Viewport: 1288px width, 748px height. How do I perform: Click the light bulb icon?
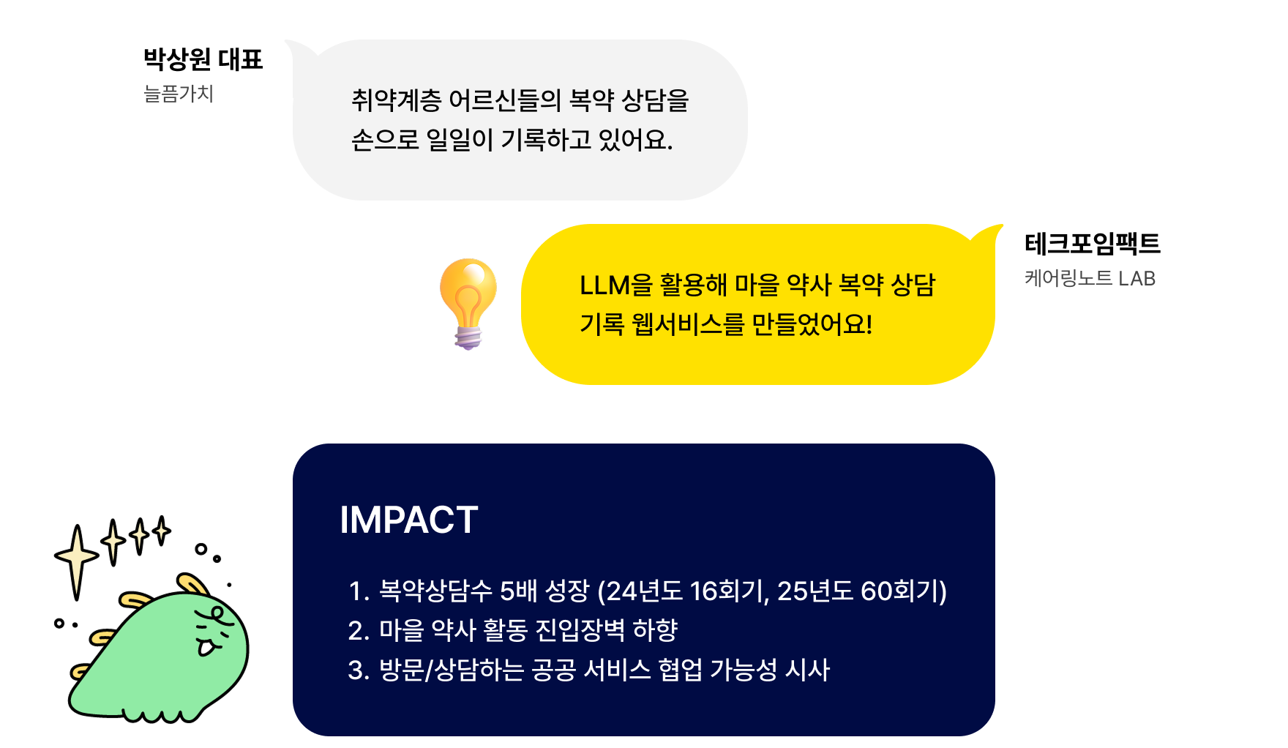point(468,303)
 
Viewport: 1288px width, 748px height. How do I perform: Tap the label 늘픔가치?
point(179,94)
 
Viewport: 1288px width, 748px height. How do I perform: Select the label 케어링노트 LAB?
point(1090,278)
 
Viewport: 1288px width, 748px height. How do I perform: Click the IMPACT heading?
point(408,520)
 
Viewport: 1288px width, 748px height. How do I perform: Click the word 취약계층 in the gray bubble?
point(396,100)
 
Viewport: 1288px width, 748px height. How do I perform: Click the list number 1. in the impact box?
point(359,591)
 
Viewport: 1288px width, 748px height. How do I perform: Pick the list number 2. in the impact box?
point(359,630)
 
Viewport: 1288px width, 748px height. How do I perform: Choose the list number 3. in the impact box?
point(359,670)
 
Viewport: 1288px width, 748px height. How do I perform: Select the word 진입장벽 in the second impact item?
point(580,630)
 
